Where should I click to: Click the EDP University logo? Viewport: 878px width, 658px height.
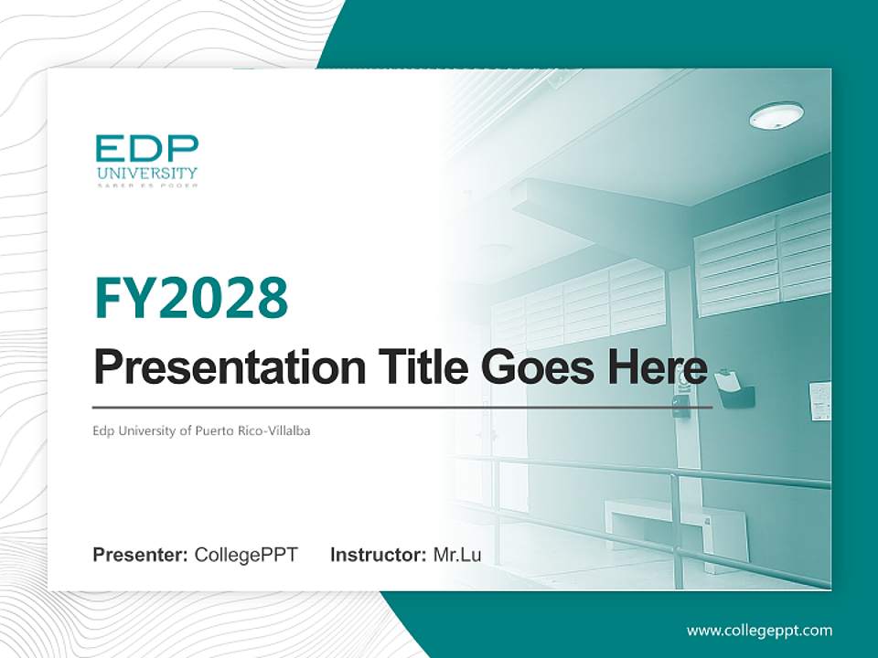pyautogui.click(x=146, y=161)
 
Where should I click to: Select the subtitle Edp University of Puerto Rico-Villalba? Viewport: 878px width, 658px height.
pyautogui.click(x=201, y=430)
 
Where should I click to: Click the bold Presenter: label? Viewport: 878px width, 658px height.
pyautogui.click(x=141, y=555)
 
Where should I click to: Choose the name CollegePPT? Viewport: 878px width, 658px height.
pyautogui.click(x=246, y=555)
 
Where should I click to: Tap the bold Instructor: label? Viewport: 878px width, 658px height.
pyautogui.click(x=378, y=555)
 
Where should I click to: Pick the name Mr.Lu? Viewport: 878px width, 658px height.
pyautogui.click(x=457, y=555)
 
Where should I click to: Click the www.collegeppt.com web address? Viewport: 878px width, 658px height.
pyautogui.click(x=759, y=631)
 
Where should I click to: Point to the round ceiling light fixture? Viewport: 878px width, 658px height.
pyautogui.click(x=776, y=115)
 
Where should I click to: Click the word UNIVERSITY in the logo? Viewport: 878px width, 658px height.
pyautogui.click(x=146, y=173)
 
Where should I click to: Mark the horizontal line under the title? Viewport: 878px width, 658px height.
pyautogui.click(x=402, y=407)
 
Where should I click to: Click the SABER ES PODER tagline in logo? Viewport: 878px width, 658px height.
pyautogui.click(x=146, y=185)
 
